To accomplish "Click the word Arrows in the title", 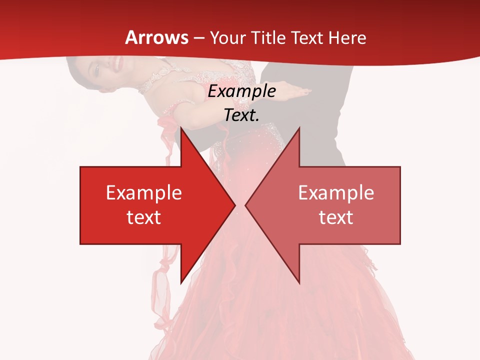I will pyautogui.click(x=157, y=37).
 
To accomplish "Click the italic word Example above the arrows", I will pyautogui.click(x=241, y=91).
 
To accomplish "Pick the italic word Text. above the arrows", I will pyautogui.click(x=241, y=115).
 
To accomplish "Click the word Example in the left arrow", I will pyautogui.click(x=143, y=192).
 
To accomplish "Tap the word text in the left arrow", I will pyautogui.click(x=143, y=217).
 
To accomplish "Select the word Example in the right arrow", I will pyautogui.click(x=336, y=192).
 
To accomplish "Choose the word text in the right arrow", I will pyautogui.click(x=336, y=217).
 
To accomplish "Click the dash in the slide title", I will pyautogui.click(x=198, y=38).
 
